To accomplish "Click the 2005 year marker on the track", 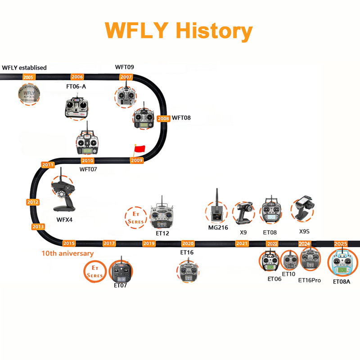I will click(x=28, y=77).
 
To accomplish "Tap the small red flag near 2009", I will click(x=139, y=149).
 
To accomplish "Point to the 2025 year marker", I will click(x=341, y=243).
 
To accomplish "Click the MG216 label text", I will click(x=218, y=228).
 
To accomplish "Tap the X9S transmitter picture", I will click(x=305, y=209).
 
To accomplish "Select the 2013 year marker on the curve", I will click(x=38, y=226).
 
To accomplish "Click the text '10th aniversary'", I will click(x=67, y=254).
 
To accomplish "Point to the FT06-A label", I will click(x=77, y=85).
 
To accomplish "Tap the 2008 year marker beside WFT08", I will click(x=163, y=118).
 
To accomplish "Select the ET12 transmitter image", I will click(x=162, y=213).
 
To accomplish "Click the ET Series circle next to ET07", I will click(x=95, y=270).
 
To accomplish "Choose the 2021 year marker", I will click(x=242, y=243).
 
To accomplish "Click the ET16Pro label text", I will click(x=310, y=280).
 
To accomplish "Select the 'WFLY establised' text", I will click(x=24, y=67).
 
